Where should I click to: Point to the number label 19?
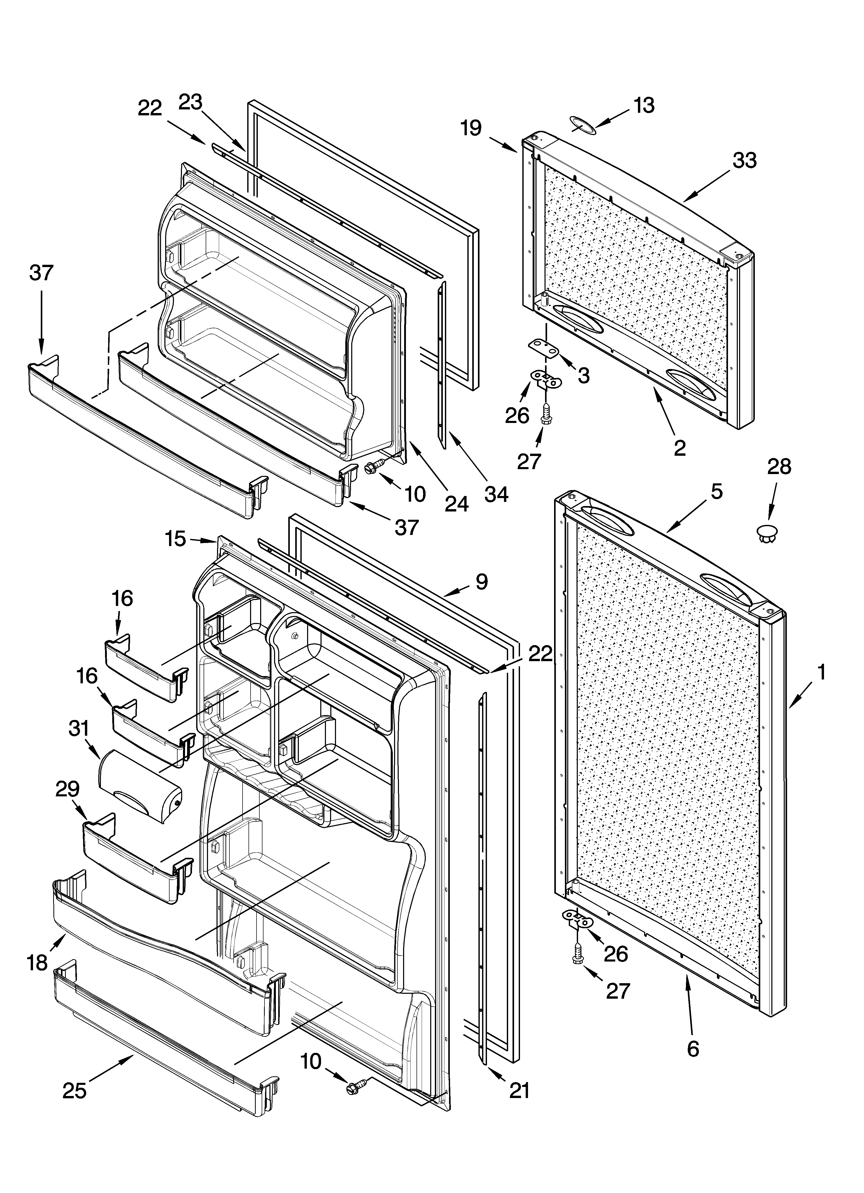point(471,128)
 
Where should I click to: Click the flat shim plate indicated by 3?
point(542,348)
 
